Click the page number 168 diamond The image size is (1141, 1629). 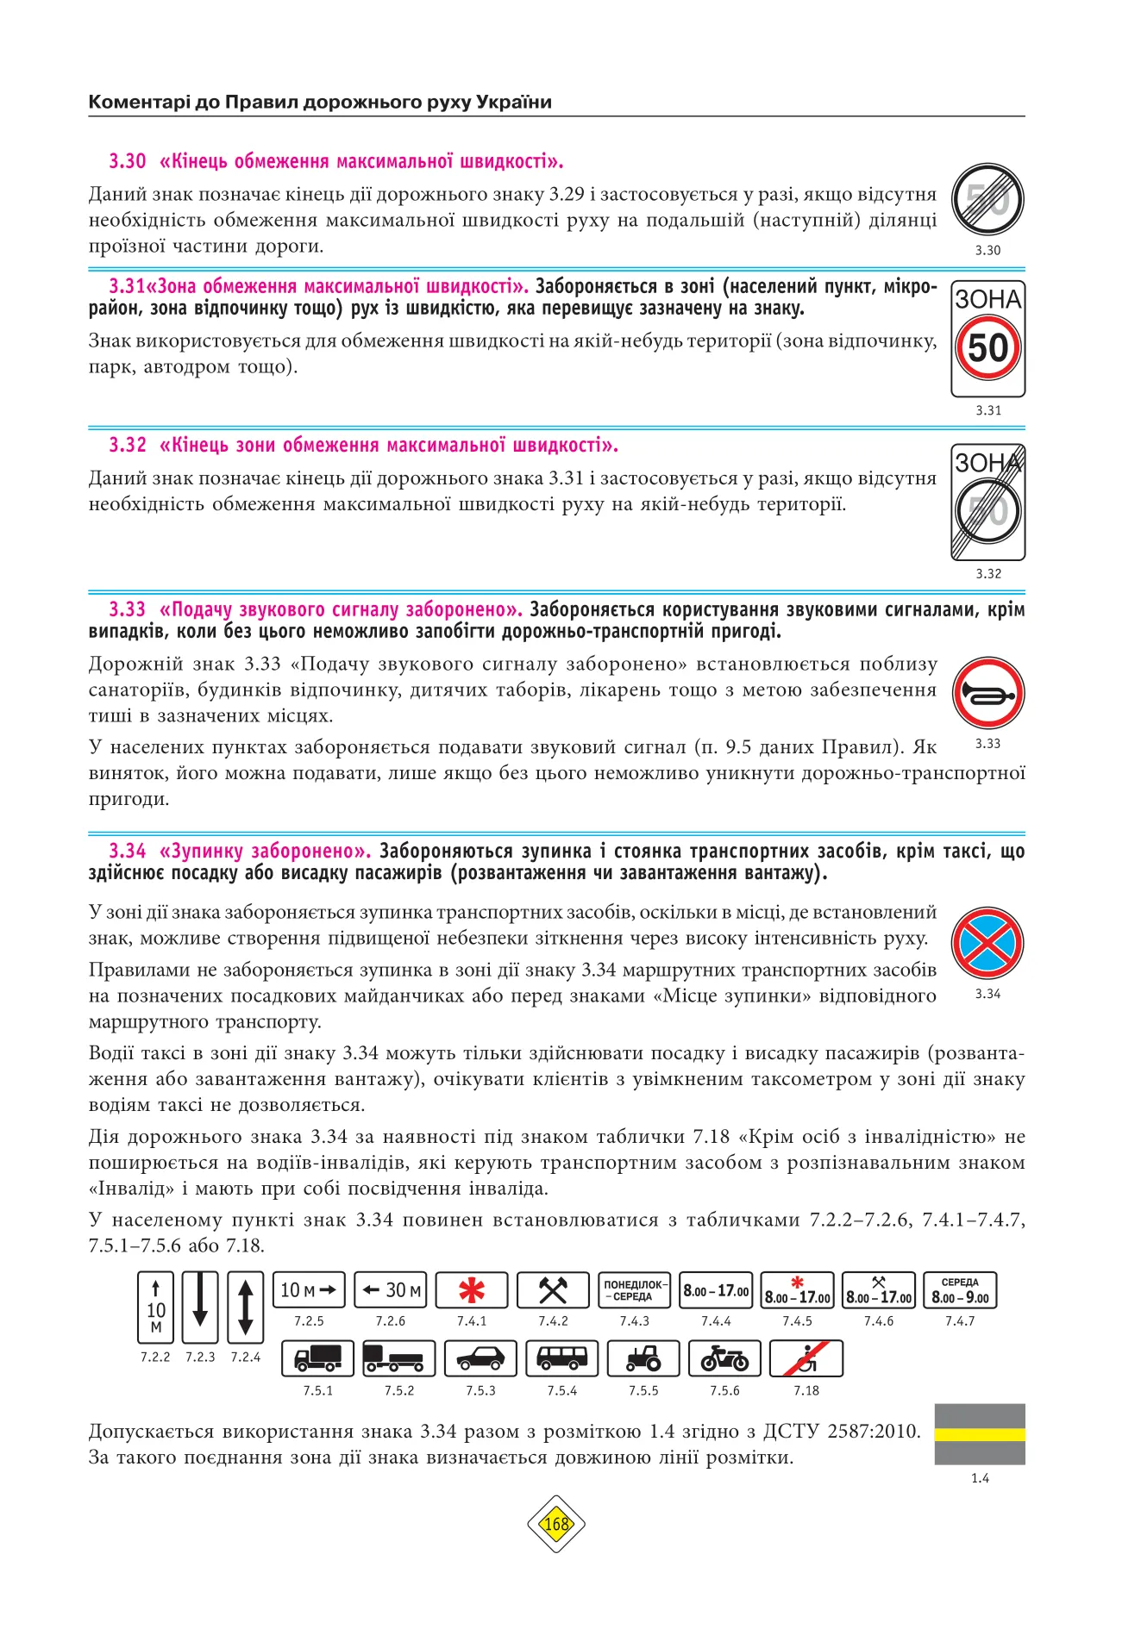click(556, 1524)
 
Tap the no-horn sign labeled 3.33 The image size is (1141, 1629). click(987, 693)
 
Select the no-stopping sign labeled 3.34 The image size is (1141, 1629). click(987, 943)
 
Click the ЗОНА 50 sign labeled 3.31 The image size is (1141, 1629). click(987, 338)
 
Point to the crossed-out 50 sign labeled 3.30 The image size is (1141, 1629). click(987, 200)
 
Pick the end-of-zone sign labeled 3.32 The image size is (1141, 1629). click(987, 502)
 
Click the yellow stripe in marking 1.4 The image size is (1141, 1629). click(980, 1434)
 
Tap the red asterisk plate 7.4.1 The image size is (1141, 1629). click(472, 1290)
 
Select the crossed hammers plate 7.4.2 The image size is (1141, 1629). click(553, 1290)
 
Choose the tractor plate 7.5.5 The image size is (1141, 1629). click(643, 1359)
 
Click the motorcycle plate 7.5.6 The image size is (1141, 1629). click(724, 1359)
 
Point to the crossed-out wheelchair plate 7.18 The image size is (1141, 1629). click(806, 1359)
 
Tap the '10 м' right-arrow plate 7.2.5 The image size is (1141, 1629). click(309, 1290)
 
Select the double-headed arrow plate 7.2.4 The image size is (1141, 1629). click(245, 1307)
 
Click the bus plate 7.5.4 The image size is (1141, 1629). click(561, 1359)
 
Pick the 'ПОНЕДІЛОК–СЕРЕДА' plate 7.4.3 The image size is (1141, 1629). click(635, 1290)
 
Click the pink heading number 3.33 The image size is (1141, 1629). click(127, 609)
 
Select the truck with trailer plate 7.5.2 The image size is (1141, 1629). click(399, 1359)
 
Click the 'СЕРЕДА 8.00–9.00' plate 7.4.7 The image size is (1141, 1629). click(960, 1290)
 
